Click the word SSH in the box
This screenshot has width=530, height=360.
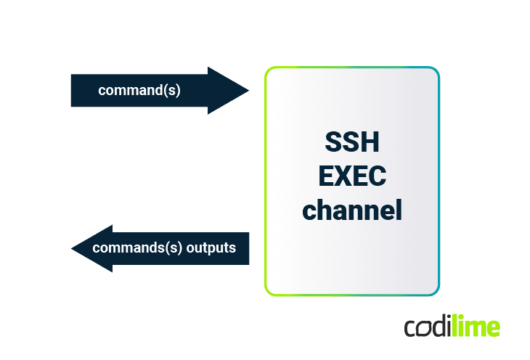[x=351, y=143]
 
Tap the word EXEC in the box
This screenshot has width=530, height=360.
[x=351, y=176]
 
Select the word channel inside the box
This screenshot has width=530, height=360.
[x=351, y=210]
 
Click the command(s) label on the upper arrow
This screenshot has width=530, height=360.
[x=139, y=91]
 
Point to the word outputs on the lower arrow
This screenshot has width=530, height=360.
[x=211, y=247]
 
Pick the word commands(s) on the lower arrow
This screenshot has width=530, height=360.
[x=137, y=247]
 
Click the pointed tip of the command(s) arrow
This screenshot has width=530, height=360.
[x=248, y=91]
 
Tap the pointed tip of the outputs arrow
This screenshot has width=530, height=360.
[x=73, y=248]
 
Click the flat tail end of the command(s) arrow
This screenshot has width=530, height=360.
[x=73, y=91]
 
